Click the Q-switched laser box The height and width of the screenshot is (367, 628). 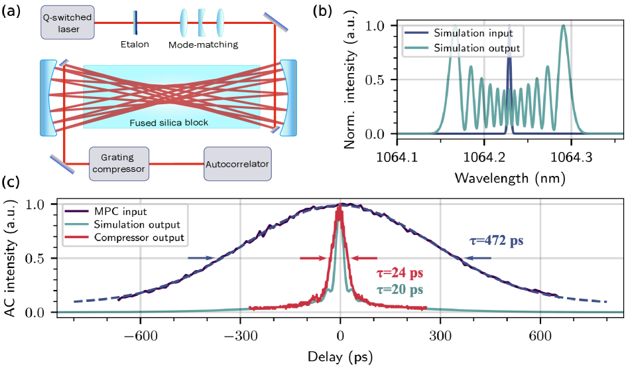[x=68, y=21]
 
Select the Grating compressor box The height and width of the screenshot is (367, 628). [x=118, y=163]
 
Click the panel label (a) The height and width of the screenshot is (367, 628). [x=11, y=10]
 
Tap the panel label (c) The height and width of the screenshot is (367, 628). [x=11, y=183]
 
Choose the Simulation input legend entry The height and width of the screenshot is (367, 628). [x=473, y=32]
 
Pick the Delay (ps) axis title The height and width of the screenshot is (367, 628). [x=340, y=356]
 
